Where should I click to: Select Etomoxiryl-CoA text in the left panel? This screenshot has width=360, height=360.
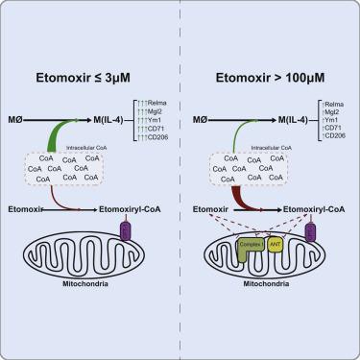[130, 206]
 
